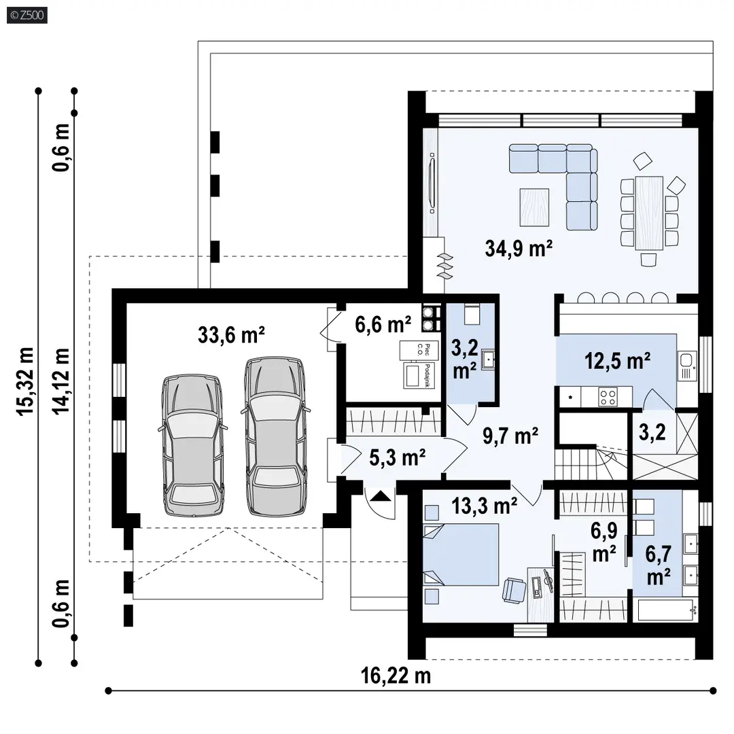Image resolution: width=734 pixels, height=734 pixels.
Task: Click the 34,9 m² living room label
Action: (x=519, y=249)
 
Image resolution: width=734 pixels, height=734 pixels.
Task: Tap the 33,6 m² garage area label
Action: (x=231, y=335)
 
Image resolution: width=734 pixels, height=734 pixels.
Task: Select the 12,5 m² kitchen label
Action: (x=617, y=361)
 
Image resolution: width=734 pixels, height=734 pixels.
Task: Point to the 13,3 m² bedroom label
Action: (x=484, y=506)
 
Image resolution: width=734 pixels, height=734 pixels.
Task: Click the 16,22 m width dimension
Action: (x=396, y=676)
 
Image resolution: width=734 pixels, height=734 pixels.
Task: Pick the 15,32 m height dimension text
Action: (x=26, y=381)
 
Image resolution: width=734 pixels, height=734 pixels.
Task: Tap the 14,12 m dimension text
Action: (x=61, y=381)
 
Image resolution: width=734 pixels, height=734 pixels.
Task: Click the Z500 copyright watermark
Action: (x=27, y=16)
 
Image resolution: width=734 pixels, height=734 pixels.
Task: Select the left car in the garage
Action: (x=193, y=445)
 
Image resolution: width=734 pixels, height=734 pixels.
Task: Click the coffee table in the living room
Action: (x=534, y=207)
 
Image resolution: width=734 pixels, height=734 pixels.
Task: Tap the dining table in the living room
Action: (x=649, y=213)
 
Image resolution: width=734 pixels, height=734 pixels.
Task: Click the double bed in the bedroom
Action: (x=461, y=555)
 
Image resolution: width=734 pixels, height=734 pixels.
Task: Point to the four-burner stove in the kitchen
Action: (x=608, y=398)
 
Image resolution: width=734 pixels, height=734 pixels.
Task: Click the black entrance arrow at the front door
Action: (x=380, y=495)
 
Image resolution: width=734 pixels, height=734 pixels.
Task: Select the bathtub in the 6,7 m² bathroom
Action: (x=665, y=610)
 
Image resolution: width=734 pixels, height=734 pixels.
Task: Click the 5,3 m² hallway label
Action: (x=397, y=458)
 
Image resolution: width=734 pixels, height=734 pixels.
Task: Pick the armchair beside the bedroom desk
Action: (x=514, y=590)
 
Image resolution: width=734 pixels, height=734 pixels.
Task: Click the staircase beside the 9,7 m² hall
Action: (x=591, y=463)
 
